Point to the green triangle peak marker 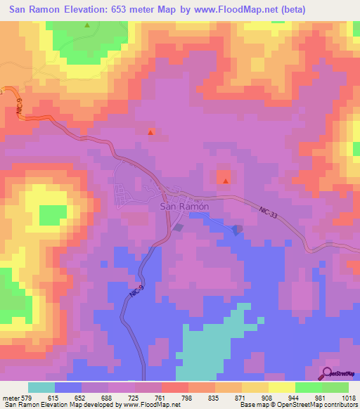point(87,25)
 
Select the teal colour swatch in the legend point(41,387)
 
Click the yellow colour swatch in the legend point(282,387)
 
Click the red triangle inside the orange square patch point(225,181)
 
